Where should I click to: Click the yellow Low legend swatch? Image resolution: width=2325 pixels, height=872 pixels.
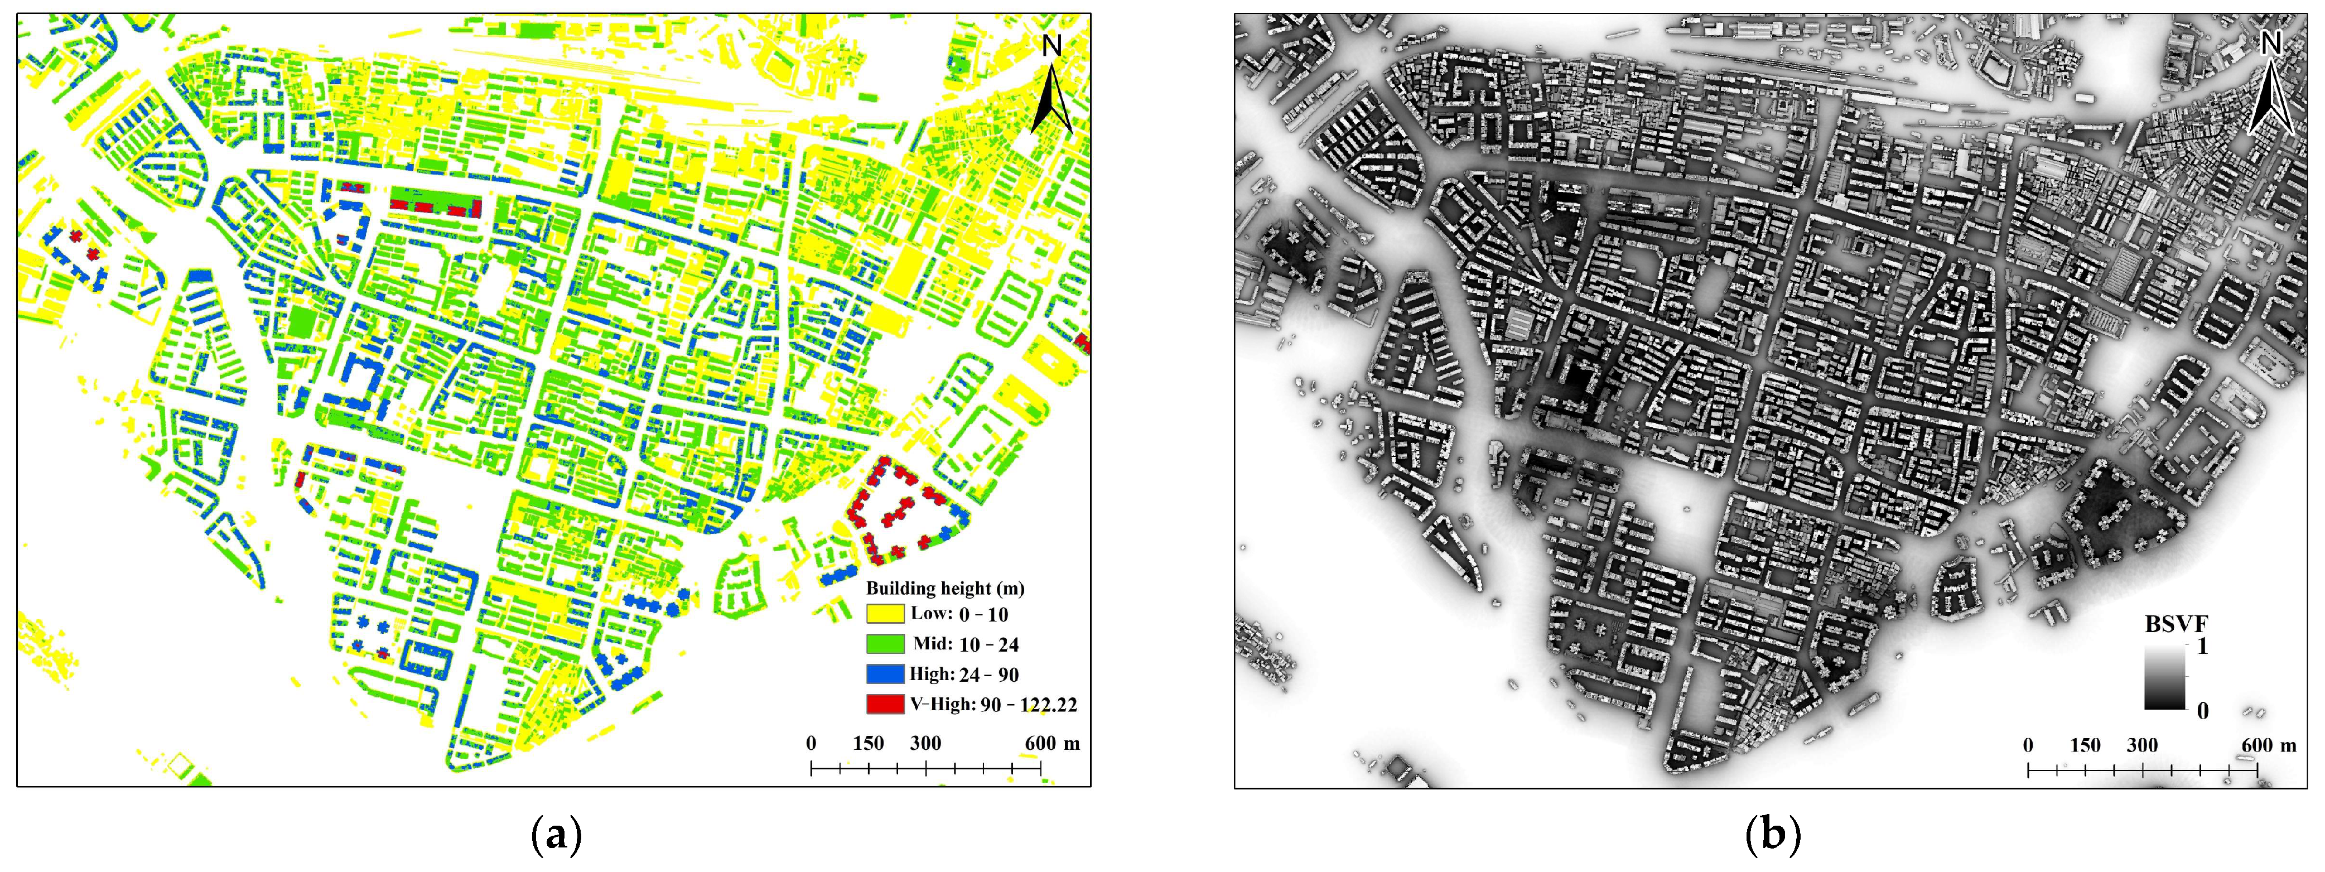pyautogui.click(x=885, y=614)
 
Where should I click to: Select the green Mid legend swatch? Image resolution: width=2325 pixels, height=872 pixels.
pyautogui.click(x=885, y=644)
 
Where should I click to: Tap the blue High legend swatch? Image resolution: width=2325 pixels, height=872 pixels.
pyautogui.click(x=885, y=673)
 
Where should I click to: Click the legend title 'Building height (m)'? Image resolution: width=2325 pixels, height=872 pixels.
pyautogui.click(x=945, y=587)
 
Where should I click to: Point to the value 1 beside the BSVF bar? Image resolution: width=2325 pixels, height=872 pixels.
pyautogui.click(x=2202, y=648)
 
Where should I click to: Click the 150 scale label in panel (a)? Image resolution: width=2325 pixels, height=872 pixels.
pyautogui.click(x=869, y=743)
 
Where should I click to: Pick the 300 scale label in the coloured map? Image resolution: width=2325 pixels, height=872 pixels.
pyautogui.click(x=925, y=743)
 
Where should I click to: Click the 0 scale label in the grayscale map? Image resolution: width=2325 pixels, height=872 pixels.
pyautogui.click(x=2028, y=745)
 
